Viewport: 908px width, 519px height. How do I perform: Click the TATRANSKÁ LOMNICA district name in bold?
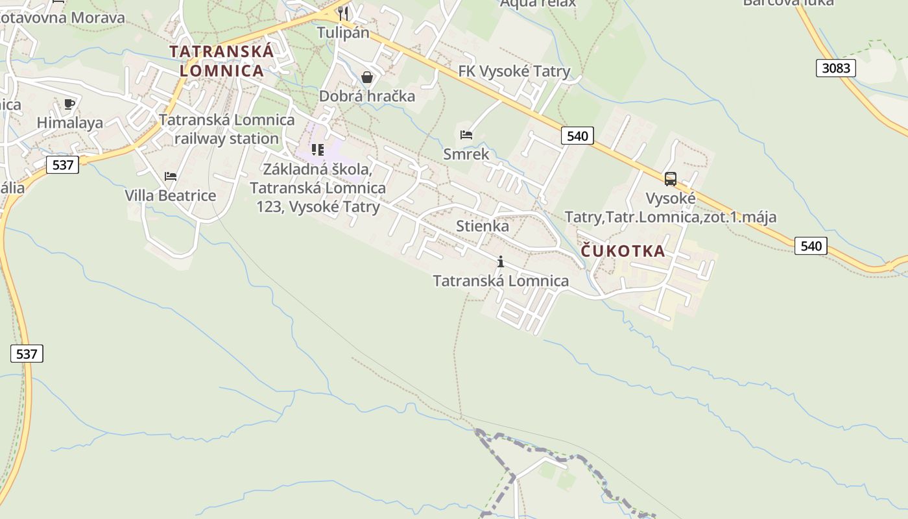pos(221,60)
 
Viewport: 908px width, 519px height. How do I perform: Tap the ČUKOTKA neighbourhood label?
pos(623,251)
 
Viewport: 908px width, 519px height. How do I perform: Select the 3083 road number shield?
pos(835,68)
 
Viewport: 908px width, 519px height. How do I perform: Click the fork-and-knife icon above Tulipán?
pos(343,12)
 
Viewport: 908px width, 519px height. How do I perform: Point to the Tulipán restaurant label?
pos(343,32)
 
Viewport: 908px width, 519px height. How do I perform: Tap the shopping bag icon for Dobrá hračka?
pos(367,78)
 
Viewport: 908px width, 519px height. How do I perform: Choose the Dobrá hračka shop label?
pos(367,97)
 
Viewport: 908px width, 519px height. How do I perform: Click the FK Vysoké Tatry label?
pos(514,71)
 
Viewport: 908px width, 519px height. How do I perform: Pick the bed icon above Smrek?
pos(466,135)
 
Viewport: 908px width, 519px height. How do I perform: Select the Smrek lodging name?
pos(466,154)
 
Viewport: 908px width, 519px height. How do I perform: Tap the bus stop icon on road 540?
pos(671,178)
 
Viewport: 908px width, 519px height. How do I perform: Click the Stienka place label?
pos(483,226)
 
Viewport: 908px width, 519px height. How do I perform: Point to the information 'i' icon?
pos(501,262)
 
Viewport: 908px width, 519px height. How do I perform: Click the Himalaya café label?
pos(70,123)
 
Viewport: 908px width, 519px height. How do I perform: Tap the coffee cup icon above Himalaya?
pos(70,104)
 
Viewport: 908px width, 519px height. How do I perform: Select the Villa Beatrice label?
pos(171,195)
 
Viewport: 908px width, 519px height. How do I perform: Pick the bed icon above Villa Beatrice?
pos(171,176)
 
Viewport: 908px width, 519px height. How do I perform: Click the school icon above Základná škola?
pos(318,150)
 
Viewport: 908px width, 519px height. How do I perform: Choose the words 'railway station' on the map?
pos(226,139)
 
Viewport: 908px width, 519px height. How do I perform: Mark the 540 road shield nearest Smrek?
pos(577,136)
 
